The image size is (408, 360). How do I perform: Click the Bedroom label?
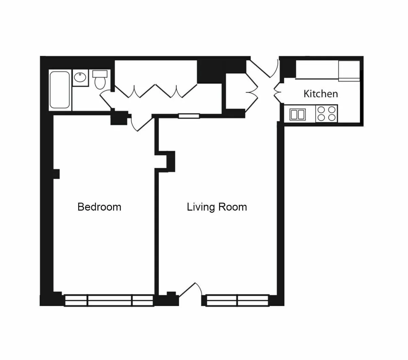(x=99, y=207)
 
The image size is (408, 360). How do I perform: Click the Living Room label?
(x=217, y=207)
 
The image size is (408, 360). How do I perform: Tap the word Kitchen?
(x=321, y=94)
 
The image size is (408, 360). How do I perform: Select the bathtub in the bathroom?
(x=60, y=90)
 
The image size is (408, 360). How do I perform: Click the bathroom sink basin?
(x=80, y=78)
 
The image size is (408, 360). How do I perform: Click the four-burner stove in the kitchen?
(x=326, y=114)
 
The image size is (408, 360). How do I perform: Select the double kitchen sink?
(x=298, y=114)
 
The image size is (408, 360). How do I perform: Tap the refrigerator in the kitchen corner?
(x=349, y=71)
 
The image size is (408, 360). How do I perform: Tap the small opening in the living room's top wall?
(x=189, y=116)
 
